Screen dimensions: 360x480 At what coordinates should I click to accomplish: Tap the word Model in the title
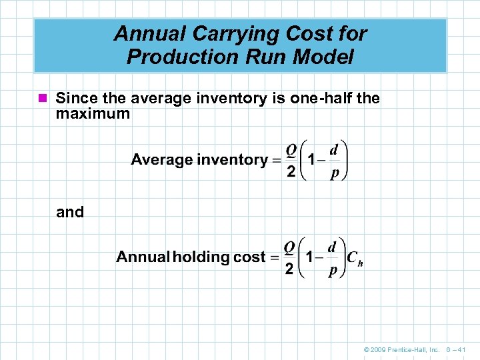[x=325, y=57]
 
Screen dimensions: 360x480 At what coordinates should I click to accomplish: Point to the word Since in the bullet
[x=74, y=99]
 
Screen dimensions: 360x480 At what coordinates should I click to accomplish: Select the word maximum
[x=93, y=114]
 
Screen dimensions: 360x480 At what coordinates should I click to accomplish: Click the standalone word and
[x=70, y=212]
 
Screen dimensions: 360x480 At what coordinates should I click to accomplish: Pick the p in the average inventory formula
[x=335, y=173]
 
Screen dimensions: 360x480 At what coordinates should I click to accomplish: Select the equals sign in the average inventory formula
[x=275, y=160]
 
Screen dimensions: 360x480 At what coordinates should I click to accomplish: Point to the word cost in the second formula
[x=249, y=257]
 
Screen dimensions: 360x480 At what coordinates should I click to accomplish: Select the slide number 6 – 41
[x=458, y=349]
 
